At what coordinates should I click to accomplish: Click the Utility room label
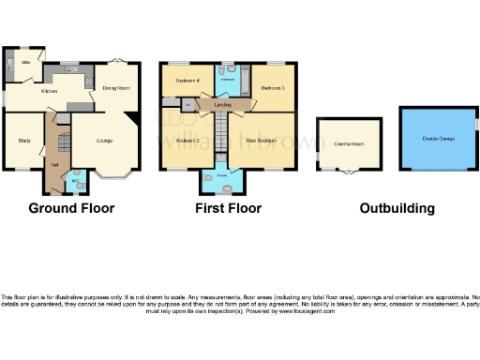pyautogui.click(x=27, y=62)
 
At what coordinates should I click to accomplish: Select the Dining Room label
pyautogui.click(x=115, y=88)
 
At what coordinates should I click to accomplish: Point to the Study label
pyautogui.click(x=24, y=141)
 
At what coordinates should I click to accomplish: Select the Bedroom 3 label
pyautogui.click(x=273, y=87)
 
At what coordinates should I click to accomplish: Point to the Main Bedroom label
pyautogui.click(x=261, y=141)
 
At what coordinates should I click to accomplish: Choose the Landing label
pyautogui.click(x=223, y=106)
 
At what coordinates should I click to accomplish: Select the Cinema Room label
pyautogui.click(x=349, y=144)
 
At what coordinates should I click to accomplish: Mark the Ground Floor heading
pyautogui.click(x=71, y=208)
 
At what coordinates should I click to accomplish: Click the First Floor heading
pyautogui.click(x=228, y=208)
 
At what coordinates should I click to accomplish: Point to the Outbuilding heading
pyautogui.click(x=397, y=208)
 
